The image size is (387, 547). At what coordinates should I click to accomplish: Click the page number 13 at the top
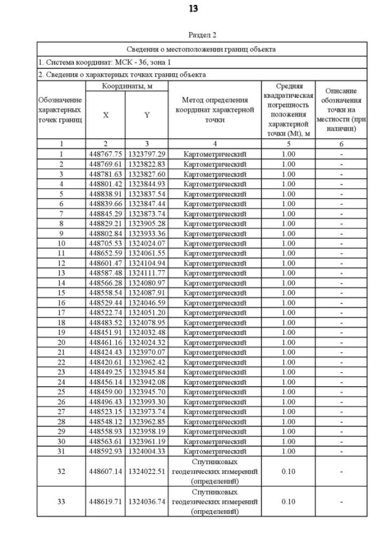pos(193,8)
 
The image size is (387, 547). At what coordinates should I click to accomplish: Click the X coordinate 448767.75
pos(106,154)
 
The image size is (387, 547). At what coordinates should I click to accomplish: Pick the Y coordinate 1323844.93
pos(146,184)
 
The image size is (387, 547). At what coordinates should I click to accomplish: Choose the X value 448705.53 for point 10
pos(106,243)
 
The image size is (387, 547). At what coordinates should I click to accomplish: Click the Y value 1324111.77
pos(146,273)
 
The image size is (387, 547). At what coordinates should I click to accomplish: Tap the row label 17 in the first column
pos(60,312)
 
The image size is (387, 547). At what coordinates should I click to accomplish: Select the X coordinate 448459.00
pos(106,391)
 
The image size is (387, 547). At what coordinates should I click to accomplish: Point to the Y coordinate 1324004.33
pos(146,451)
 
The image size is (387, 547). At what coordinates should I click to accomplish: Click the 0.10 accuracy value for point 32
pos(288,471)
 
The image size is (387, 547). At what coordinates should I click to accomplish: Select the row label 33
pos(60,502)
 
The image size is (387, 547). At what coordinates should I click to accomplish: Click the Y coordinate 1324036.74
pos(146,502)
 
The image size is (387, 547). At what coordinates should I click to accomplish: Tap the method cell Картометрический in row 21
pos(215,352)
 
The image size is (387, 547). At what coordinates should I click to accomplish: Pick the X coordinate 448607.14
pos(106,471)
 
